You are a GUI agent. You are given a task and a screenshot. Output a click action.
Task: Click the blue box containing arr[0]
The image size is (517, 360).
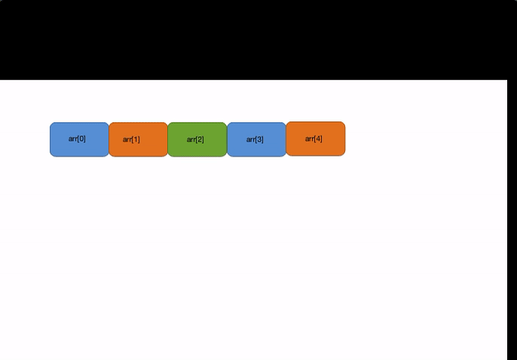point(79,139)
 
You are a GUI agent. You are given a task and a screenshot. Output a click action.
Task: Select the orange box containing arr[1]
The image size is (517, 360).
point(138,140)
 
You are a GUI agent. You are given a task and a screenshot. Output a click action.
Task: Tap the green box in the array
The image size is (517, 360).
point(197,139)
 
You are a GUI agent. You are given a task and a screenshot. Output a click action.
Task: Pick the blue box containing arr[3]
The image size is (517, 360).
point(256,139)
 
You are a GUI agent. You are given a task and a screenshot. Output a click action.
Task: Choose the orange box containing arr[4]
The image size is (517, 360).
point(315,139)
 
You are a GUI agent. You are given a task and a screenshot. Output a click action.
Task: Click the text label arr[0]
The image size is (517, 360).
point(77,139)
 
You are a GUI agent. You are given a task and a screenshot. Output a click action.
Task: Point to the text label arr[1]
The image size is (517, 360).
point(131,139)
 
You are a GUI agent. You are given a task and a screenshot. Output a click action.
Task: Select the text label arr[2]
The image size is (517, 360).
point(195,139)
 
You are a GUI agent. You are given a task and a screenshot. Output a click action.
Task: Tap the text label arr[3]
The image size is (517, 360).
point(255,139)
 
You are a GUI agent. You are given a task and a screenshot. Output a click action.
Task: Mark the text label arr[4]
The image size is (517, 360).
point(314,139)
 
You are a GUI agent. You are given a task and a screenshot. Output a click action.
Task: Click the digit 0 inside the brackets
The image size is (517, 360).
point(81,139)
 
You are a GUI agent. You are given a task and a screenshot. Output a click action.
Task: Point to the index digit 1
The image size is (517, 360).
point(136,139)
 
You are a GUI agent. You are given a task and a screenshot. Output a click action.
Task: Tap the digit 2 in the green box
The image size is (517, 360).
point(200,139)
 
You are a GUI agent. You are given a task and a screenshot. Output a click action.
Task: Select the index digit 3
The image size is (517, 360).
point(259,139)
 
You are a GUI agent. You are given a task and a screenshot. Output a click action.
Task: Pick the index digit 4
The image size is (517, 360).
point(318,139)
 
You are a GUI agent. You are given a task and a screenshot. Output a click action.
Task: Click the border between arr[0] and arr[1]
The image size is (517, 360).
point(109,139)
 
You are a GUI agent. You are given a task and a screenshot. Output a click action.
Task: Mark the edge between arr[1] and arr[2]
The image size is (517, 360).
point(167,139)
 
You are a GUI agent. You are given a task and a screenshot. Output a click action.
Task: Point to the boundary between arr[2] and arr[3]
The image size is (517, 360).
point(227,139)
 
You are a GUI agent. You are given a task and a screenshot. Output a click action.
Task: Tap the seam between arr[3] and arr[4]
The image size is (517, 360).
point(286,139)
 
